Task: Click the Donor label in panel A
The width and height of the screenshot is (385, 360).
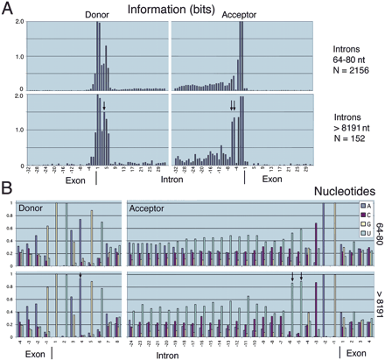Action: [97, 16]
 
